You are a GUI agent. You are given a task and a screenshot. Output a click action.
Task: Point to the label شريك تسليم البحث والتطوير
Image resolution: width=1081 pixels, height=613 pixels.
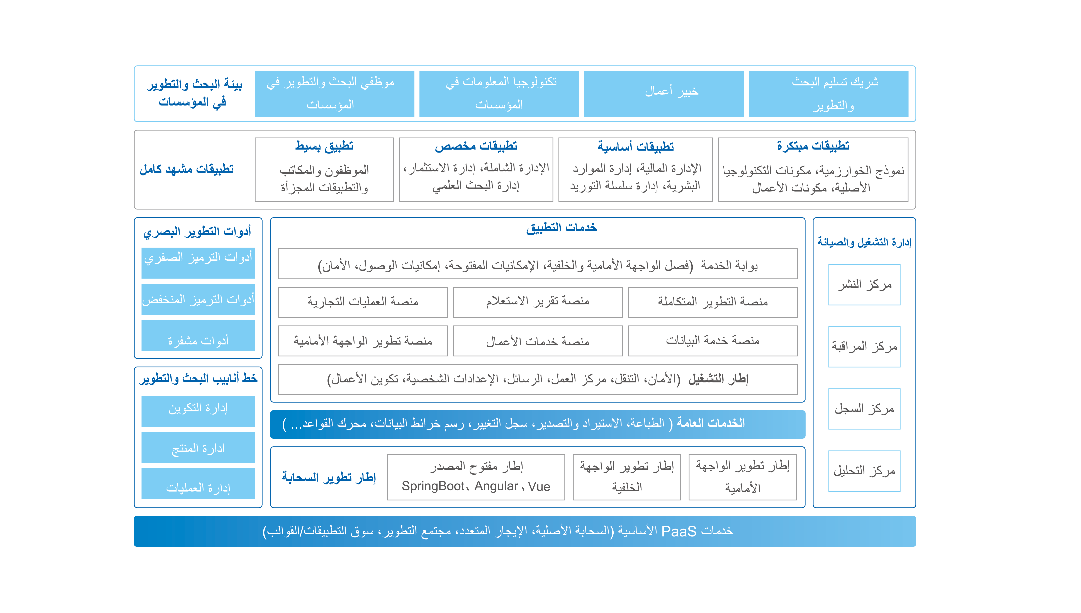pyautogui.click(x=835, y=93)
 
